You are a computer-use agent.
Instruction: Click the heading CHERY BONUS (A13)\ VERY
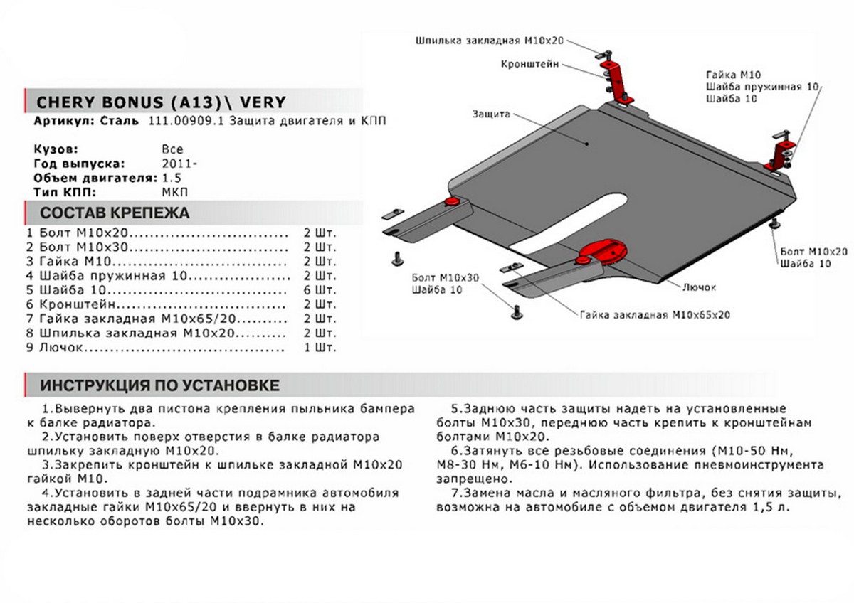click(x=160, y=102)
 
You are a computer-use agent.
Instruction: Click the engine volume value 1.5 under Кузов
click(x=172, y=178)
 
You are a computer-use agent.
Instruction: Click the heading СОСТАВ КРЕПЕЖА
click(x=115, y=213)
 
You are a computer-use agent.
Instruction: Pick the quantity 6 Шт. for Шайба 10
click(x=319, y=290)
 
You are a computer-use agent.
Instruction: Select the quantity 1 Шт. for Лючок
click(x=319, y=348)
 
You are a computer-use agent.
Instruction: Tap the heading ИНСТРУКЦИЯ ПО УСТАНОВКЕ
click(x=159, y=385)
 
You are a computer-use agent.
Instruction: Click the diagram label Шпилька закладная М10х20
click(x=494, y=41)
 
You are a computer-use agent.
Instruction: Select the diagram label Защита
click(x=489, y=114)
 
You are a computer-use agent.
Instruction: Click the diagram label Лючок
click(x=699, y=287)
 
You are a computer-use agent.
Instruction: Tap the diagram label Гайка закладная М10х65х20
click(x=655, y=314)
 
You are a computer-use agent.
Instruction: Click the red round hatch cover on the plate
click(x=603, y=250)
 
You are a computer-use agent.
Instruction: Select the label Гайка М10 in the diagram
click(x=734, y=74)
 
